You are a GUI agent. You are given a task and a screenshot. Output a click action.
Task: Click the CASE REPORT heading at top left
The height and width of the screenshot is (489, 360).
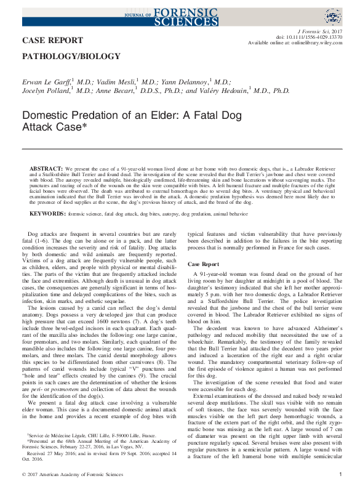click(52, 41)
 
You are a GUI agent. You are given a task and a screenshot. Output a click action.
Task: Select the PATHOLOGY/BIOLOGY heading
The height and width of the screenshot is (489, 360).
click(71, 56)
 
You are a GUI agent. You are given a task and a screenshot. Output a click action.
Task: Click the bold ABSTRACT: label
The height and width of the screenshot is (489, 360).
click(46, 168)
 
